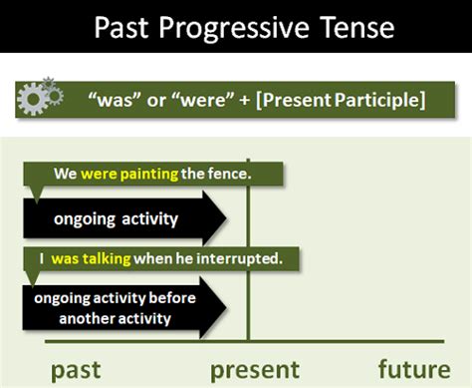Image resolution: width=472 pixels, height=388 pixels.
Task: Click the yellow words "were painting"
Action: (x=128, y=174)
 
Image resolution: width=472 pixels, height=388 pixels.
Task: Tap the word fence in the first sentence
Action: (x=228, y=174)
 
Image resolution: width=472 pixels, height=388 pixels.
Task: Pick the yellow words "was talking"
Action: (x=92, y=258)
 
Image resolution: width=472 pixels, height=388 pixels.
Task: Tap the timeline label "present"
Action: (x=255, y=369)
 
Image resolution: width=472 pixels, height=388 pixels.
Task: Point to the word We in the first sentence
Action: (x=66, y=174)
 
